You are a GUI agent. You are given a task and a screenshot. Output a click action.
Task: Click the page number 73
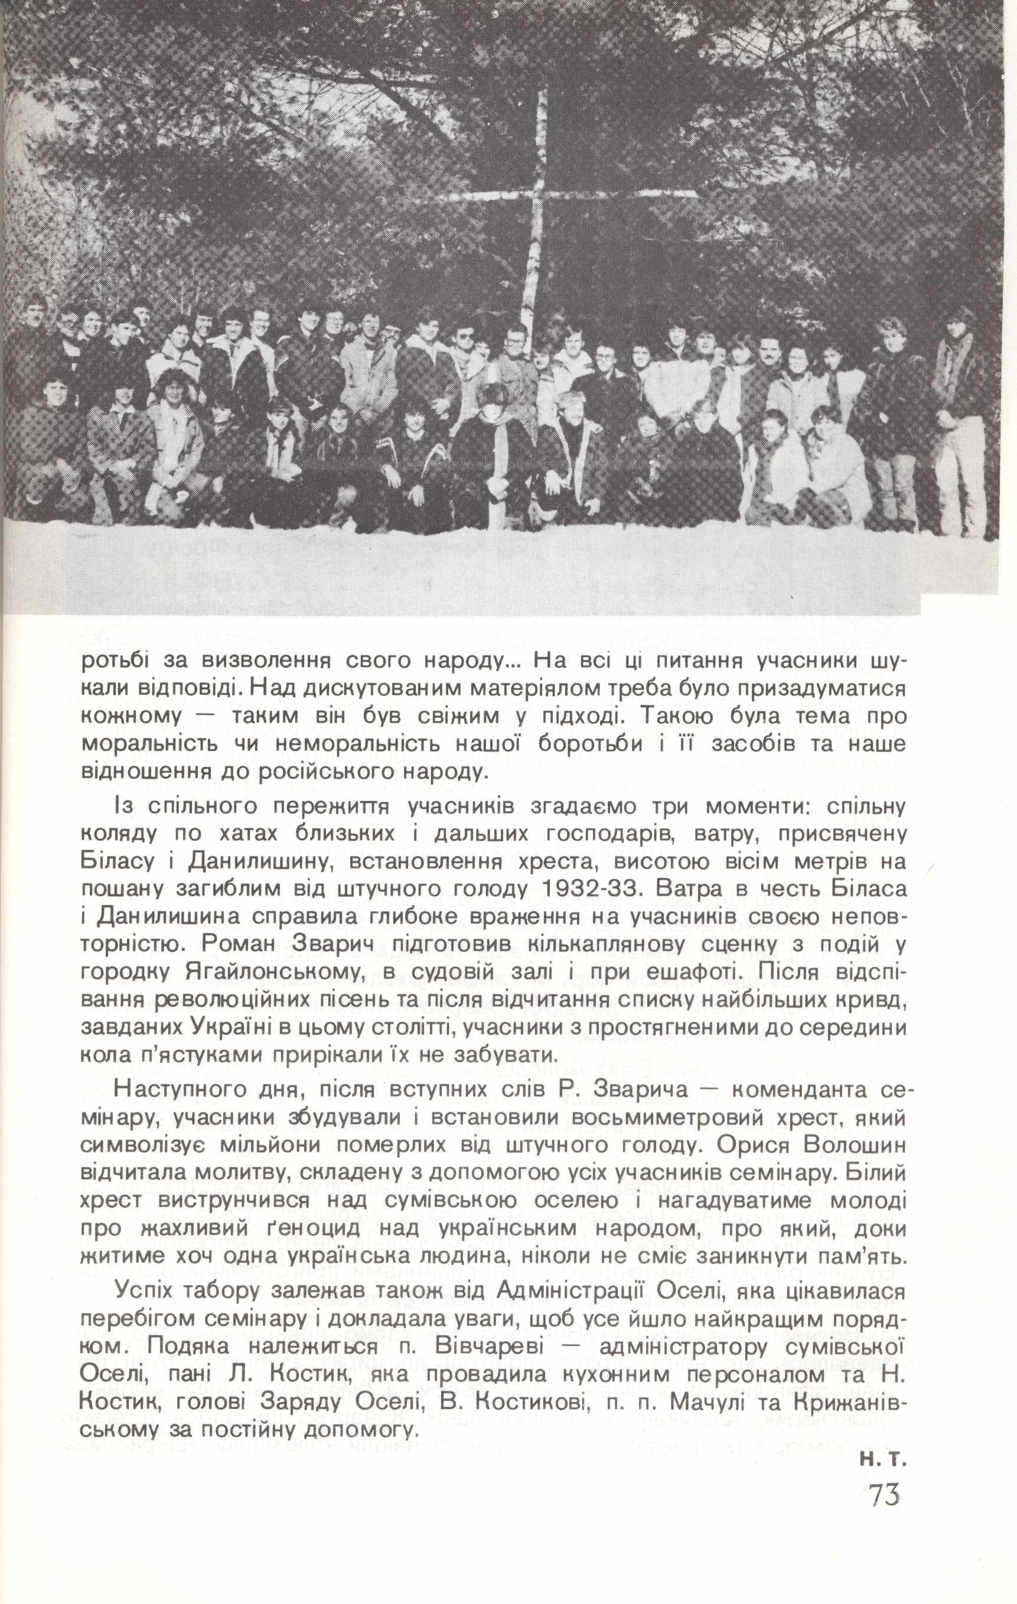pyautogui.click(x=885, y=1551)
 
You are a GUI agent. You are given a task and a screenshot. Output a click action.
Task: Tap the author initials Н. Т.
pyautogui.click(x=883, y=1512)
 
